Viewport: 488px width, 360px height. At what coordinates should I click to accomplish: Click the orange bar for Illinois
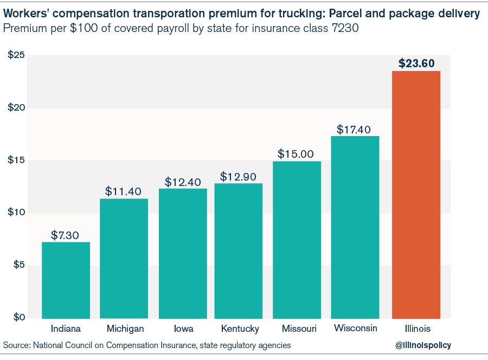(416, 195)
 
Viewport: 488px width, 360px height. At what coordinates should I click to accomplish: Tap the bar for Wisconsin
(355, 227)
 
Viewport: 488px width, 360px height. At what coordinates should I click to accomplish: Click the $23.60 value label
(416, 63)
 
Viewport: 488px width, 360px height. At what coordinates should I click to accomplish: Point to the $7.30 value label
(66, 235)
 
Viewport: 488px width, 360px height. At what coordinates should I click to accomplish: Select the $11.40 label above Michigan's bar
(123, 191)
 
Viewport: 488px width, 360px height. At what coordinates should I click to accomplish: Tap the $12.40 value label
(183, 181)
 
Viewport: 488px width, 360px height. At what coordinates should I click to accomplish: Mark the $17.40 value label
(354, 130)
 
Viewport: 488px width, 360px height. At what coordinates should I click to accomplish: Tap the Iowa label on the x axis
(183, 329)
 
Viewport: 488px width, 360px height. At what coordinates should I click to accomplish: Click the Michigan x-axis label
(125, 329)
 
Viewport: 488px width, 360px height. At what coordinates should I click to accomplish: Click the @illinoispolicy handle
(423, 345)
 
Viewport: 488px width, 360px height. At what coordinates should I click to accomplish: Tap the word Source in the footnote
(17, 345)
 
